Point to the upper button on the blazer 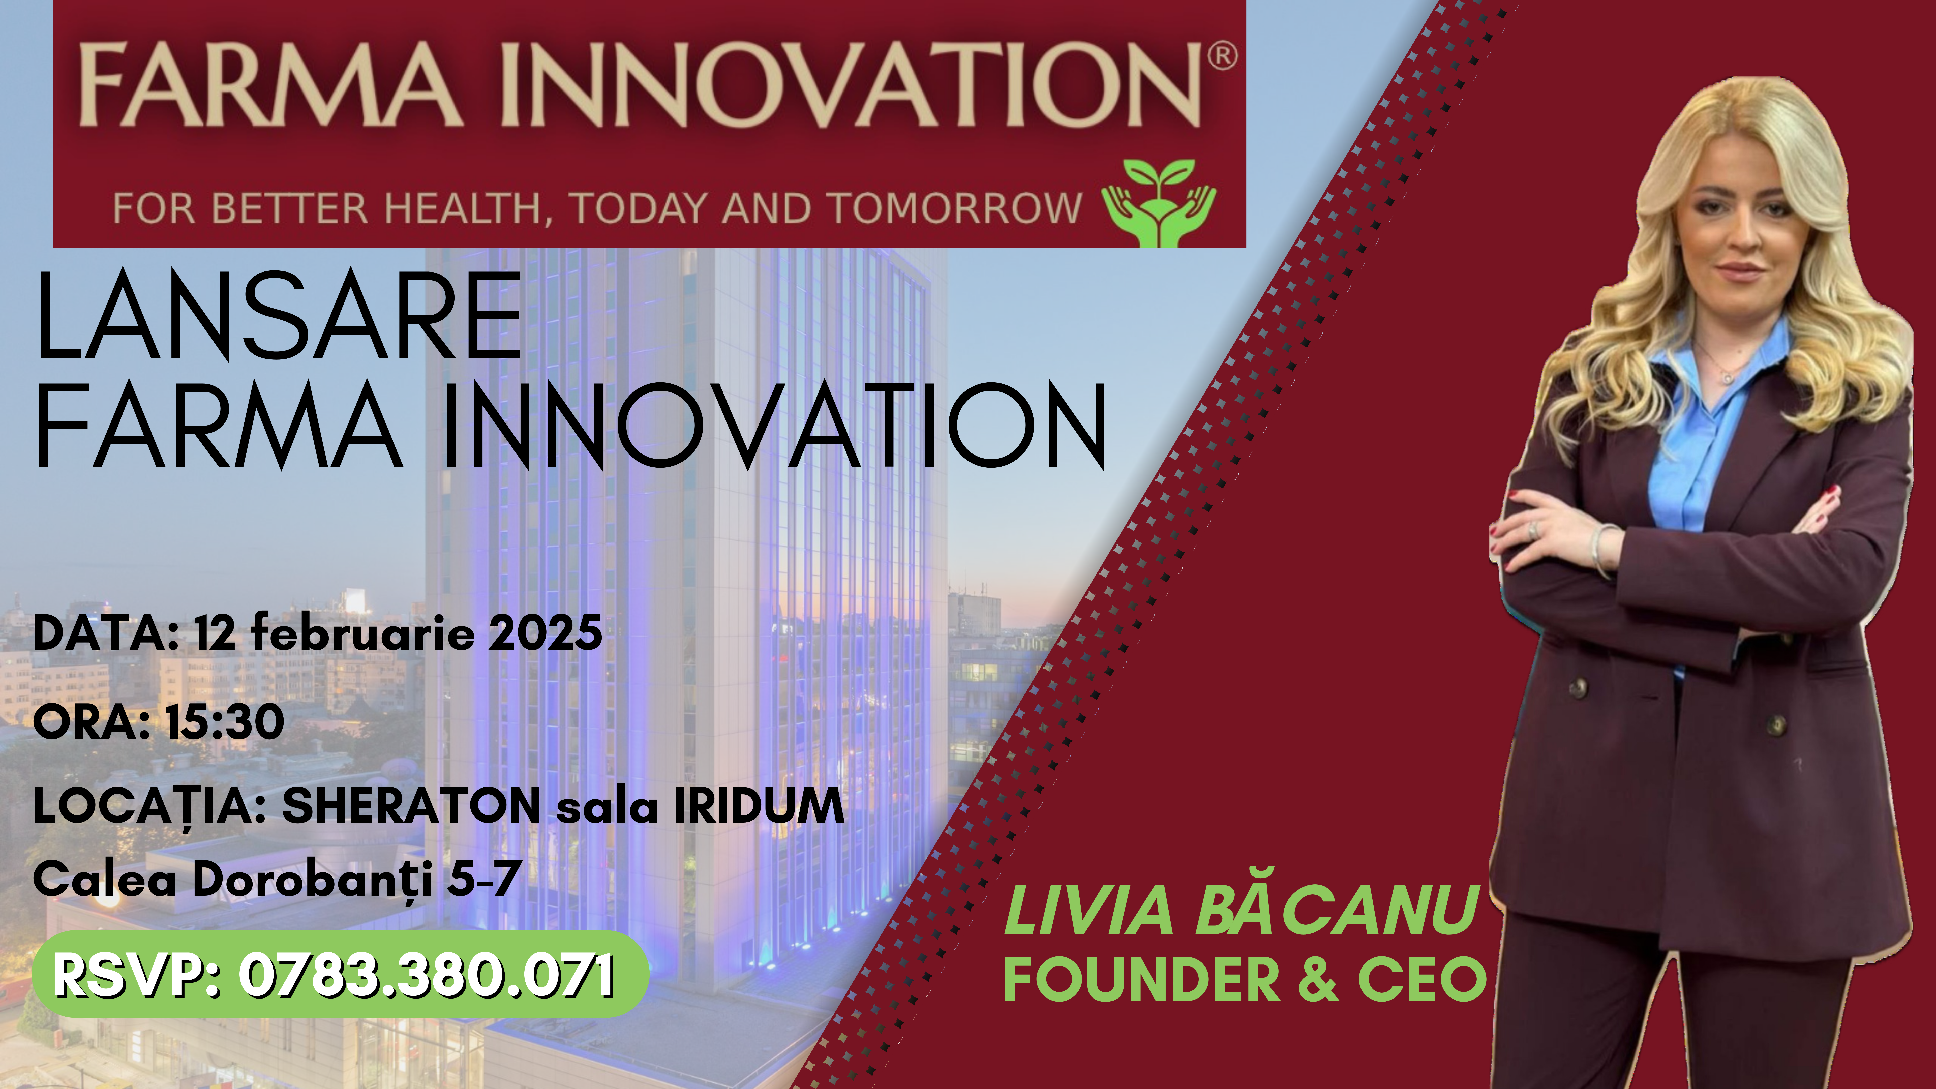(x=1579, y=686)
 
